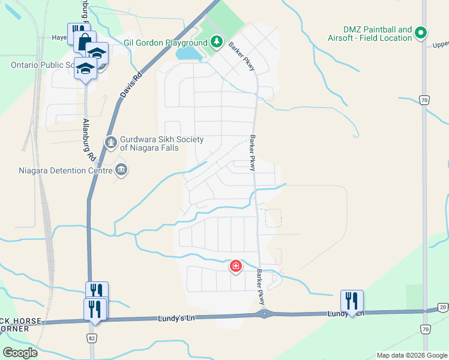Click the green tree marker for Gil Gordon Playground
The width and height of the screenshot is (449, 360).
[217, 43]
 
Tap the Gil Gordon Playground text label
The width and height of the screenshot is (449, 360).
[165, 43]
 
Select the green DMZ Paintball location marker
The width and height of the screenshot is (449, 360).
[421, 32]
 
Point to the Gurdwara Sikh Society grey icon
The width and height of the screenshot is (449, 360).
[110, 142]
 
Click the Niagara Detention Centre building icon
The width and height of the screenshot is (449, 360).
[122, 170]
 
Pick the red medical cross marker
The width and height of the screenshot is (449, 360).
[236, 265]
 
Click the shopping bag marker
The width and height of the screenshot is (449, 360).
[83, 42]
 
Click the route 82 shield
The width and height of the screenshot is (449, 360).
[92, 338]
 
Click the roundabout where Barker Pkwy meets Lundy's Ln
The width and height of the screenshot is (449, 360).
[265, 314]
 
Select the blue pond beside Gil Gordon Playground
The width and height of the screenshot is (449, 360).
[188, 54]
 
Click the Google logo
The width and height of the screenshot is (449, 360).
[20, 353]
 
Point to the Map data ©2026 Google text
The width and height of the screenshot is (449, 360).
[411, 355]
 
